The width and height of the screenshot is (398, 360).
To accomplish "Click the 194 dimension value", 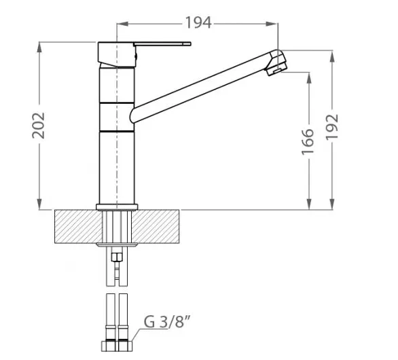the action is (x=198, y=22).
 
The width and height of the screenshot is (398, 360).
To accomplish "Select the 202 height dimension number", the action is (x=38, y=126).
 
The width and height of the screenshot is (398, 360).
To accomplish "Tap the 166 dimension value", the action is (x=308, y=142).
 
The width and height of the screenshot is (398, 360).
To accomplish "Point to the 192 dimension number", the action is (x=332, y=127).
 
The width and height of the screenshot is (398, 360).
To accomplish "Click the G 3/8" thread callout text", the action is (x=167, y=322).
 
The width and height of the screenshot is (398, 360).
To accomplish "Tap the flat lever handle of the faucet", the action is (x=162, y=44).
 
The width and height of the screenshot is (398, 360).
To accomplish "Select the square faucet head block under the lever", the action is (x=117, y=54).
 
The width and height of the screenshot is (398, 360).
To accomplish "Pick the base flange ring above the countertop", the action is (x=117, y=207).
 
